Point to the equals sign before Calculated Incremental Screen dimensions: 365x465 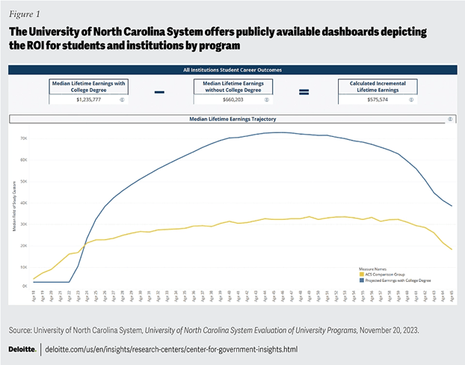[x=304, y=92]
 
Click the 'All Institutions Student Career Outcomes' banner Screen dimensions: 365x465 [x=232, y=70]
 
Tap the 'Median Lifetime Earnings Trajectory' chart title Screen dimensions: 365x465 [x=232, y=119]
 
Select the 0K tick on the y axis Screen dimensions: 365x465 [x=24, y=286]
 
